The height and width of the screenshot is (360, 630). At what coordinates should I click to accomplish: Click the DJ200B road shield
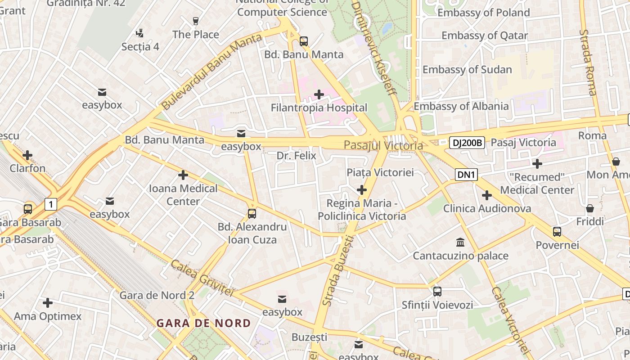point(467,143)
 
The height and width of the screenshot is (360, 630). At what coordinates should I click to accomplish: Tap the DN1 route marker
point(466,175)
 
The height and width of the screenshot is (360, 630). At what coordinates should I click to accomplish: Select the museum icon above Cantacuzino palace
point(460,243)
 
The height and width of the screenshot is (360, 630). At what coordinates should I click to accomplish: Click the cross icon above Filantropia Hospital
point(319,94)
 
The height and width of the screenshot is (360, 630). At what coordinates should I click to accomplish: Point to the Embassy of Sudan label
point(467,70)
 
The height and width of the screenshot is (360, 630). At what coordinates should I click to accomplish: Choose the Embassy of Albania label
point(461,106)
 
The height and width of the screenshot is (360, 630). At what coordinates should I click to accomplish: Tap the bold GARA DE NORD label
point(203,323)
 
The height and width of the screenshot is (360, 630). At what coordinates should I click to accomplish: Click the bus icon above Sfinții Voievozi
point(437,291)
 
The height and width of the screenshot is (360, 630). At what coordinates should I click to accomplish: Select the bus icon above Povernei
point(557,232)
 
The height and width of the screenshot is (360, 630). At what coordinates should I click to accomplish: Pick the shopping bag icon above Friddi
point(590,208)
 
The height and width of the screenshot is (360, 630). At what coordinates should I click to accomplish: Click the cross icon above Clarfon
point(27,155)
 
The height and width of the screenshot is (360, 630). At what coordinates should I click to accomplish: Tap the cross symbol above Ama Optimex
point(47,303)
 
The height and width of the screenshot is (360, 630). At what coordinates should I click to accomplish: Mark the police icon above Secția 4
point(140,33)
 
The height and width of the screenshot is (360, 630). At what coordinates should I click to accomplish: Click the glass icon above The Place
point(195,21)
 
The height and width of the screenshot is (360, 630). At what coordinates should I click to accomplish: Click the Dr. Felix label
point(296,156)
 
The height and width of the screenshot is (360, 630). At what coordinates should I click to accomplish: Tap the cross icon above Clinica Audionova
point(486,195)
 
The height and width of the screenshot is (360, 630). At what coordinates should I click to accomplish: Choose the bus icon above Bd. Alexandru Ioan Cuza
point(252,214)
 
